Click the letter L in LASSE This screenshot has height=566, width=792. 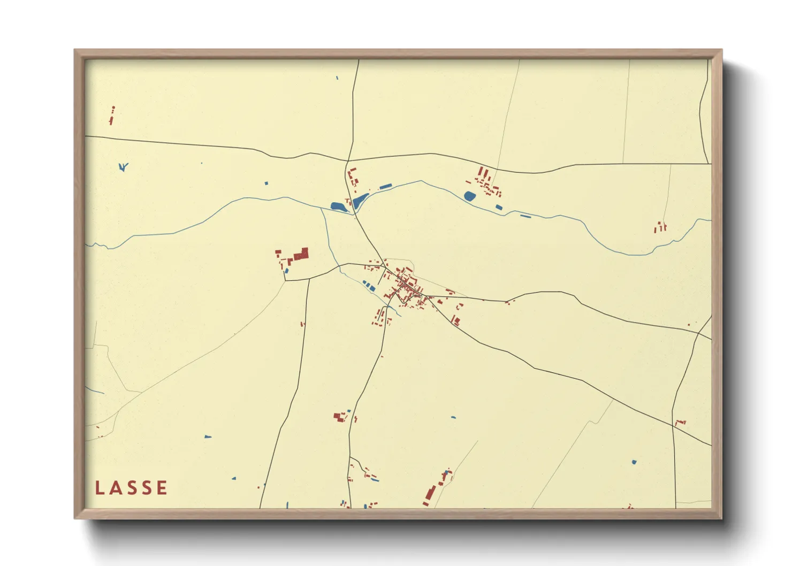(x=99, y=488)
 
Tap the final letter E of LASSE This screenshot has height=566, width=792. (x=162, y=488)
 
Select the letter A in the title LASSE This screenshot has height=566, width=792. (x=115, y=488)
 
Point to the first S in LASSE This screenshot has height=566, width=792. (x=131, y=488)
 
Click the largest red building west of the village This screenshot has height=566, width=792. (x=301, y=254)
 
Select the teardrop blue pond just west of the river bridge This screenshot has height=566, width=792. (x=338, y=206)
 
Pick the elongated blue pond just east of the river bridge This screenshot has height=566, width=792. (x=360, y=200)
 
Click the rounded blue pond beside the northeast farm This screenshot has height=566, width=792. (x=470, y=196)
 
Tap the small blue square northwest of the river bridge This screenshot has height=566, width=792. (x=266, y=183)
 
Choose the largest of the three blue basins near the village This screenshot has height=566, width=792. (x=370, y=288)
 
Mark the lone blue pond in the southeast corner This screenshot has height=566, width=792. (x=634, y=462)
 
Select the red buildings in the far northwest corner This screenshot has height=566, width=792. (x=112, y=116)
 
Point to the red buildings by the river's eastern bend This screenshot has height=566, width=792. (x=660, y=228)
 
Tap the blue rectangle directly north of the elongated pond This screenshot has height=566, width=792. (x=385, y=187)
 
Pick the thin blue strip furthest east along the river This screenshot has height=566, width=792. (x=526, y=216)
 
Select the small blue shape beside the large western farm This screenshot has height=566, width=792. (x=286, y=271)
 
